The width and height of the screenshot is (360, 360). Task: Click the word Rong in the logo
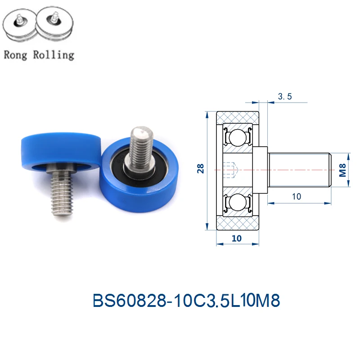click(15, 55)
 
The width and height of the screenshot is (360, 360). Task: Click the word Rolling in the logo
click(54, 55)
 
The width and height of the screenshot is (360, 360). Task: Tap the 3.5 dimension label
click(285, 96)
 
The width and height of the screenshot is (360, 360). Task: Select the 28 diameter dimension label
click(200, 168)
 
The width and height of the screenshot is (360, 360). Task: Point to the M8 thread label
click(342, 170)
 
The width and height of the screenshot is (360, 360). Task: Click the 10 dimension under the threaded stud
click(297, 197)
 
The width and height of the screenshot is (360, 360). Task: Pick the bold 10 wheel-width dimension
click(237, 238)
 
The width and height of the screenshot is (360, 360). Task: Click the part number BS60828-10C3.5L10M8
click(186, 300)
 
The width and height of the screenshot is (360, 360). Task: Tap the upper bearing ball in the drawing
click(238, 138)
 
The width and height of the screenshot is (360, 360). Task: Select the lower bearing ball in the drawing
click(238, 202)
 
